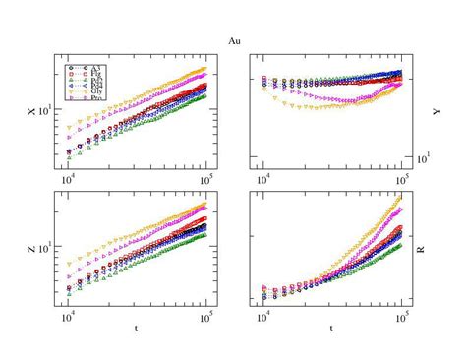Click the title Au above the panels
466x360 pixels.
click(232, 42)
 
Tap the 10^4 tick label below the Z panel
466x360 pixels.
click(68, 316)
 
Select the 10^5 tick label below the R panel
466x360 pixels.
click(400, 316)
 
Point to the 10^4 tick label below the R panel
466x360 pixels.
click(263, 316)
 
